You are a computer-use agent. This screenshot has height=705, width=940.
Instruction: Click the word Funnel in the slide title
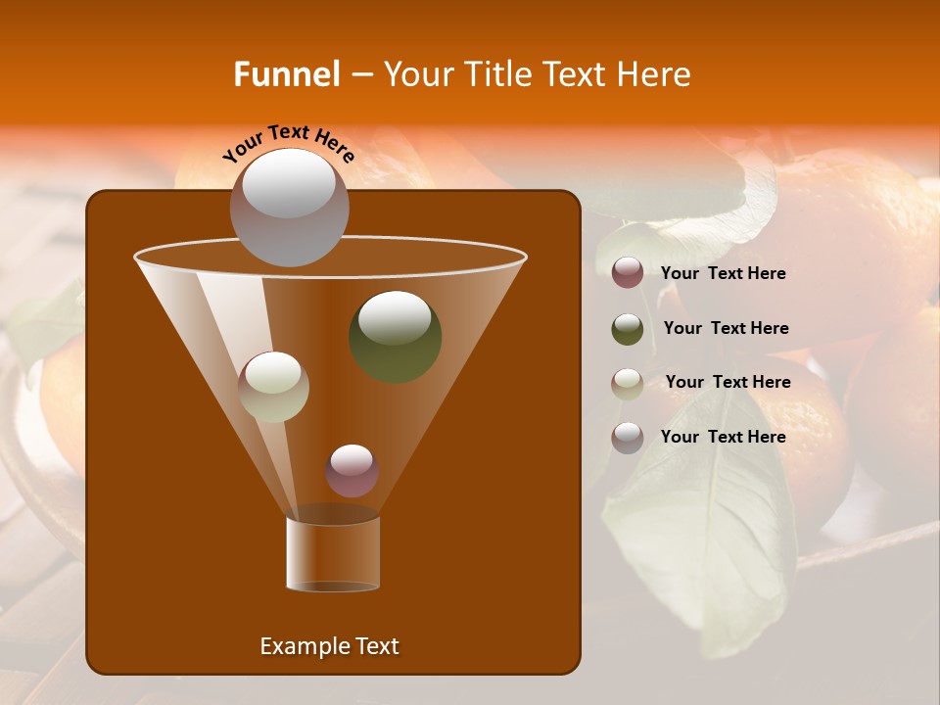click(287, 74)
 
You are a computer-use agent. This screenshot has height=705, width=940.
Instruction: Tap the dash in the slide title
click(360, 75)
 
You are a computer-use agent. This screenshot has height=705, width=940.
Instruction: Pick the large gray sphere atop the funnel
click(289, 207)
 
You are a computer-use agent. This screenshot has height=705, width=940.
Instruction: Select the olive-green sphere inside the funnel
click(395, 336)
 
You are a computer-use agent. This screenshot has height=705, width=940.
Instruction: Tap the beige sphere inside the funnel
click(273, 387)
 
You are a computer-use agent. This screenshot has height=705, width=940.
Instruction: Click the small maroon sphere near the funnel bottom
click(352, 471)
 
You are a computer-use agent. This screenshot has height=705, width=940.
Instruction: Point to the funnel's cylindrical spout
click(332, 554)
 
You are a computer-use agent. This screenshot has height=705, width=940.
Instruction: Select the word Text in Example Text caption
click(376, 646)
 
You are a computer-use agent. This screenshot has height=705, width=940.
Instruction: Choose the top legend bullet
click(628, 273)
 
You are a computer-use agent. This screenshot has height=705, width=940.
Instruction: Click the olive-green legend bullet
click(628, 329)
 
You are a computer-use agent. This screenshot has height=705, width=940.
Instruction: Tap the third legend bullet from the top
click(628, 383)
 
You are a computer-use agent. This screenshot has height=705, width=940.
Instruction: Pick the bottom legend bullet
click(628, 438)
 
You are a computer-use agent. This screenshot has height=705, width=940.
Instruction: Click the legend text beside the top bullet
click(723, 273)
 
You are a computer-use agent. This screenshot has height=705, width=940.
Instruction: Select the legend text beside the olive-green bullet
click(726, 328)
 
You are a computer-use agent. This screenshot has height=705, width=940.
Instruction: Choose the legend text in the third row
click(728, 382)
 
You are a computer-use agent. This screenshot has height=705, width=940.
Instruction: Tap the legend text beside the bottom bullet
click(723, 437)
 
